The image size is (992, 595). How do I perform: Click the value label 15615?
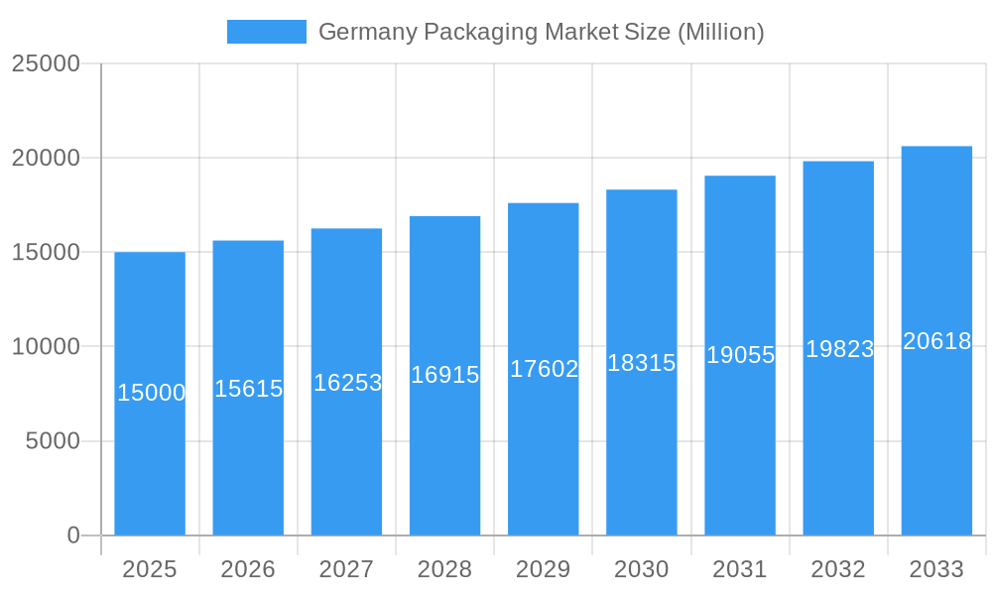click(249, 389)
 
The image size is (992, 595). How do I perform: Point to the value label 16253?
click(347, 383)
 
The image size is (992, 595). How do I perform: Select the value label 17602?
click(544, 369)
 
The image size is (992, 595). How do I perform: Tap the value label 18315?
click(641, 363)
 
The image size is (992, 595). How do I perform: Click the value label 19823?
click(839, 349)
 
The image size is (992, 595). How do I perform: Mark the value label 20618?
click(936, 341)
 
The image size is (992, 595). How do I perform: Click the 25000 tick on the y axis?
click(46, 63)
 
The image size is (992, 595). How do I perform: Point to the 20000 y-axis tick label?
click(46, 158)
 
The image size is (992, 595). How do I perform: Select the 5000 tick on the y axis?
click(53, 441)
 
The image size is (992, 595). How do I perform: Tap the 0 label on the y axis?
click(73, 535)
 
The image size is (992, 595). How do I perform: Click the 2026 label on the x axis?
click(248, 569)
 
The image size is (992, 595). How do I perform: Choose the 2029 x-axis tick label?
click(544, 569)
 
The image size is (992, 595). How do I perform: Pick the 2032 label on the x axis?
click(838, 569)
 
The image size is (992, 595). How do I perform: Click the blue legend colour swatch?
click(267, 32)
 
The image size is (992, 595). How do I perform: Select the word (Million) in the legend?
click(720, 33)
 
